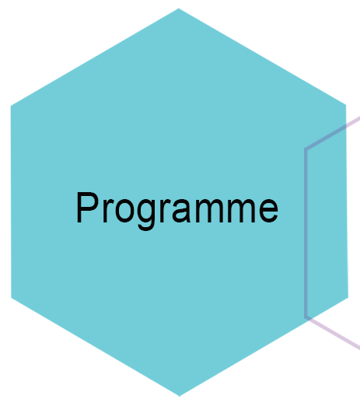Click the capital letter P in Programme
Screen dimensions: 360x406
[88, 208]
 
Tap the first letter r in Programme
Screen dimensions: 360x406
[108, 211]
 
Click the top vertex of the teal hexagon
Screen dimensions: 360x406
[179, 9]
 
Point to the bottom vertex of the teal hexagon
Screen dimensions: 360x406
[180, 396]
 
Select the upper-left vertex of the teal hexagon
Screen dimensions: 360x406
[11, 106]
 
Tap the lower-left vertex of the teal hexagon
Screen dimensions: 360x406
[11, 298]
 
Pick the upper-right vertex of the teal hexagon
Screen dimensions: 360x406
[346, 105]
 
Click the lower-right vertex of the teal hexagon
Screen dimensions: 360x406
[348, 298]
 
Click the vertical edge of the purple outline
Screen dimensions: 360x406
[306, 233]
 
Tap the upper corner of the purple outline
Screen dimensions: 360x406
[306, 149]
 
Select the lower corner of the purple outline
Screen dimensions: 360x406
[306, 317]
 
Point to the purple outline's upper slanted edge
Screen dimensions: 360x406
[333, 133]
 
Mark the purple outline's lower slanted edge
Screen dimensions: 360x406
[333, 333]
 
